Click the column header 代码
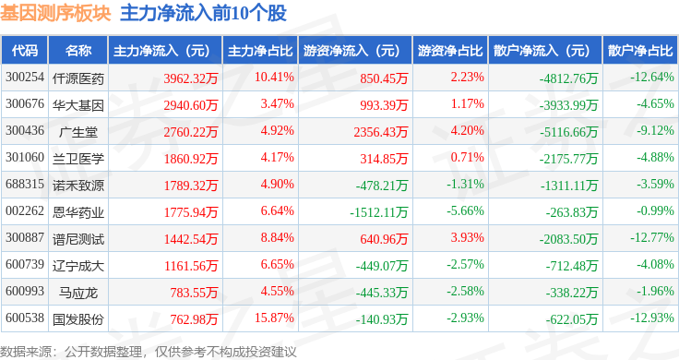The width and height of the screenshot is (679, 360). pyautogui.click(x=25, y=51)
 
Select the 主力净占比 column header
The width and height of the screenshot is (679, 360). pyautogui.click(x=260, y=51)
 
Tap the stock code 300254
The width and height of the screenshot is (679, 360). pyautogui.click(x=25, y=78)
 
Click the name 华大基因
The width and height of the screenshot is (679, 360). pyautogui.click(x=78, y=105)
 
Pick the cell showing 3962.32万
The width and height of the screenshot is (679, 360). pyautogui.click(x=191, y=78)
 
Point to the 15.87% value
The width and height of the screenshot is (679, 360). pyautogui.click(x=274, y=318)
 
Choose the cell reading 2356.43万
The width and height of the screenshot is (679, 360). pyautogui.click(x=381, y=132)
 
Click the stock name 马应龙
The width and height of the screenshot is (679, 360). pyautogui.click(x=78, y=293)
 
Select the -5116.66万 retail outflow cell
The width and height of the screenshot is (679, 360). pyautogui.click(x=568, y=132)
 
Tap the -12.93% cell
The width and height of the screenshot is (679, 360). pyautogui.click(x=652, y=318)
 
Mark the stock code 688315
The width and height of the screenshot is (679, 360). pyautogui.click(x=25, y=184)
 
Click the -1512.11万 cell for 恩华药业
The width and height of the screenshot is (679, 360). pyautogui.click(x=379, y=211)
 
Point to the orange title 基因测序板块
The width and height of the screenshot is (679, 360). pyautogui.click(x=55, y=14)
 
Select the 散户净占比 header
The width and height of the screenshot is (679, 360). pyautogui.click(x=640, y=51)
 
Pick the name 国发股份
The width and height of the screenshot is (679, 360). pyautogui.click(x=78, y=319)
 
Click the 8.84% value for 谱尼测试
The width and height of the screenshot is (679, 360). pyautogui.click(x=277, y=238)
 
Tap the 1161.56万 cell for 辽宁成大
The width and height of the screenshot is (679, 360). pyautogui.click(x=191, y=266)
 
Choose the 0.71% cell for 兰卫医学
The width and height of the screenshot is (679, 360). pyautogui.click(x=467, y=157)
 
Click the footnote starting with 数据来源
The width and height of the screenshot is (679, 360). pyautogui.click(x=149, y=352)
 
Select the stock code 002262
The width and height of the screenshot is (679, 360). pyautogui.click(x=25, y=211)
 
